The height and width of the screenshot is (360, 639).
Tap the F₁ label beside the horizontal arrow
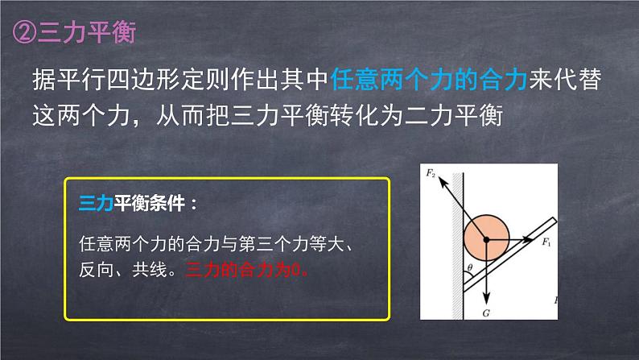pos(547,242)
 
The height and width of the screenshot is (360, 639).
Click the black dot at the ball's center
pos(486,239)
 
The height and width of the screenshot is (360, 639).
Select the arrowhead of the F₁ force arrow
pos(530,239)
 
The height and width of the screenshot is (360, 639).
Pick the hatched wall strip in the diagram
pos(456,242)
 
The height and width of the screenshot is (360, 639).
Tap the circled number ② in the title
pos(24,33)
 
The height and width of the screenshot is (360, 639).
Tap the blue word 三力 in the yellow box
pos(95,202)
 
